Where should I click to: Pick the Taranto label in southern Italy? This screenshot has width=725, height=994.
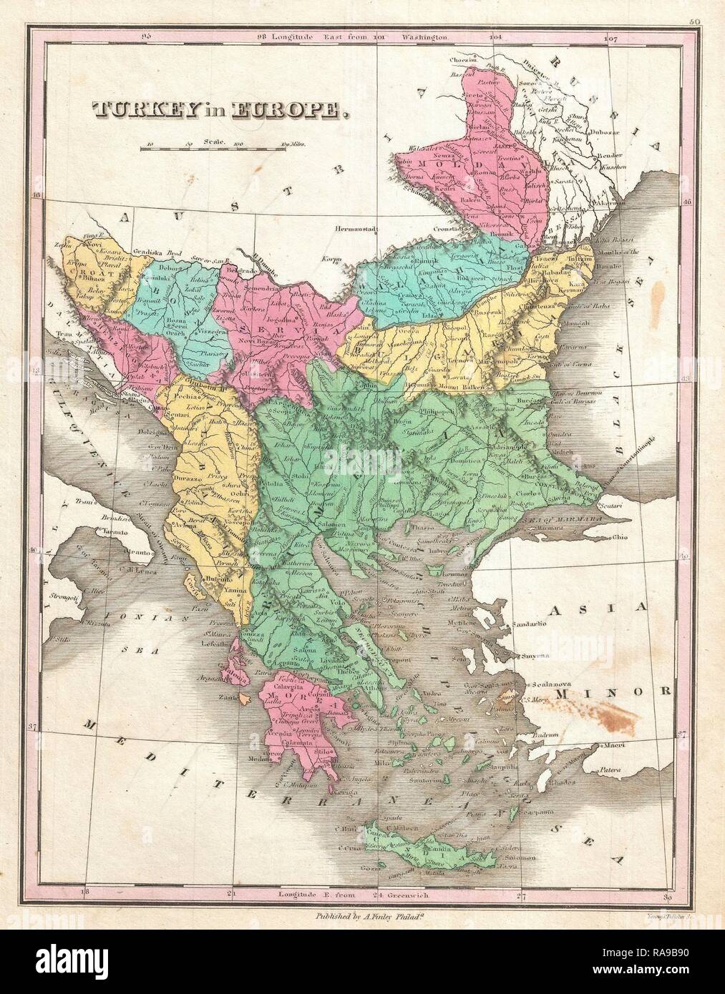click(100, 532)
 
